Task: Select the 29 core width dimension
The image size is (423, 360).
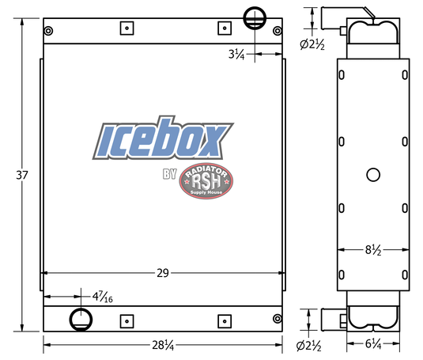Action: [162, 273]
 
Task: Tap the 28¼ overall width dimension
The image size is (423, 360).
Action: [162, 345]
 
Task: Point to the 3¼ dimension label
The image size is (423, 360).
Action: [236, 55]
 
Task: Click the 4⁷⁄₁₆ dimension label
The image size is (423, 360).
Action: [101, 297]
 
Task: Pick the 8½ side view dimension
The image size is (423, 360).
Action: [372, 251]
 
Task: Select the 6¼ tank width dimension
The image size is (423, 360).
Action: [372, 345]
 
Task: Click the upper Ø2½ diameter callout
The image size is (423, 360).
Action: [312, 44]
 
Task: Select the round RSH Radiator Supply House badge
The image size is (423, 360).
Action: [206, 181]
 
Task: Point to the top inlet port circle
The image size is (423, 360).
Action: [255, 17]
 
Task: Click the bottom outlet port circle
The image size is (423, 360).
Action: [81, 320]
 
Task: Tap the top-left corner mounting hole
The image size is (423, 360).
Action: [50, 31]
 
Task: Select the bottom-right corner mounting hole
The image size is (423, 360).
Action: [276, 319]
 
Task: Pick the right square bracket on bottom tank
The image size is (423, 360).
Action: [224, 320]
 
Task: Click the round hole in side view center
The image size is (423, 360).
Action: [373, 175]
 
